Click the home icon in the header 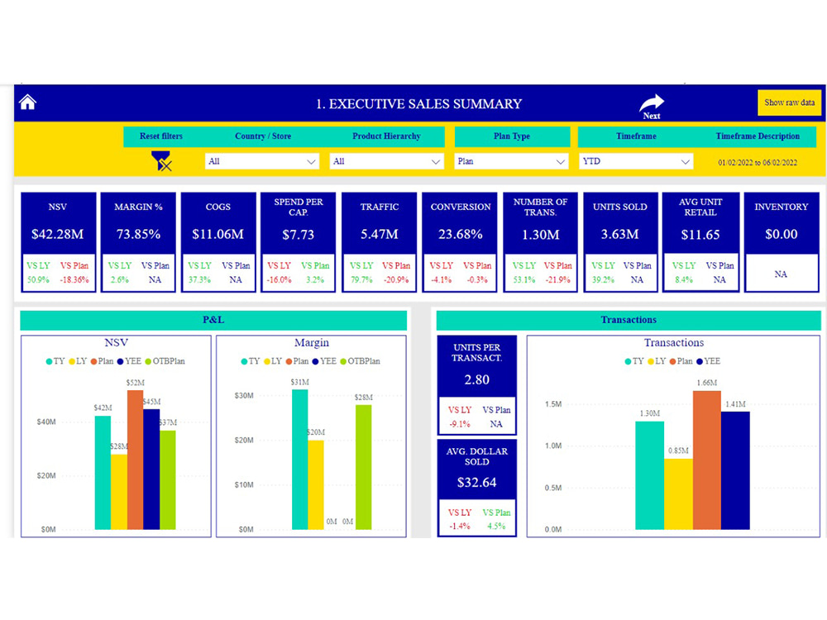[27, 102]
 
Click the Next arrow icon [652, 102]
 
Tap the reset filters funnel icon [161, 161]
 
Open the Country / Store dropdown [261, 161]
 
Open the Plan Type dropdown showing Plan [511, 161]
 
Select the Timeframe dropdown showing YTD [636, 161]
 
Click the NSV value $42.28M [58, 234]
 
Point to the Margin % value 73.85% [138, 234]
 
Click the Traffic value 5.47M [380, 234]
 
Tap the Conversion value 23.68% [461, 234]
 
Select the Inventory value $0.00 [782, 234]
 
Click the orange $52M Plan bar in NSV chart [135, 460]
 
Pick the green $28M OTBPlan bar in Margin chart [363, 467]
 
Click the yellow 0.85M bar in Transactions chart [678, 494]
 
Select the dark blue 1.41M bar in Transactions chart [735, 470]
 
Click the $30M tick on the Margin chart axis [244, 395]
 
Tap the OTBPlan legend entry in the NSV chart [165, 361]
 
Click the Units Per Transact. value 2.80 [477, 379]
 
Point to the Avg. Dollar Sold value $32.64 [477, 483]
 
